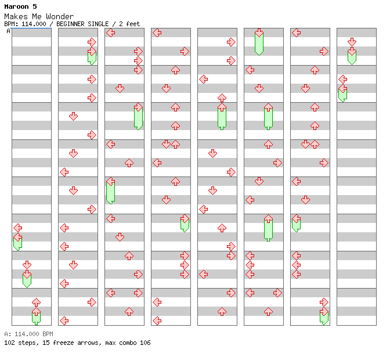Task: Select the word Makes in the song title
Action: (x=16, y=16)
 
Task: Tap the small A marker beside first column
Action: (x=8, y=31)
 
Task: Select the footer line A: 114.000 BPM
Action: (x=28, y=334)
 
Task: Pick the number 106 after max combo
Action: (x=145, y=343)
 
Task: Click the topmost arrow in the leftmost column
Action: (x=17, y=228)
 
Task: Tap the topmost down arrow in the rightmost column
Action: (x=352, y=42)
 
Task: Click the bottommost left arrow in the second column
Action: (x=64, y=321)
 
